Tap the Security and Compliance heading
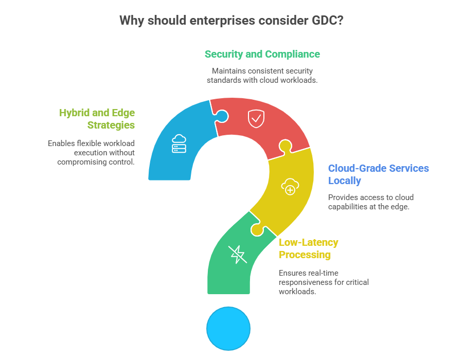[x=262, y=54]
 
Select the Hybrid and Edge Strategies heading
[x=97, y=119]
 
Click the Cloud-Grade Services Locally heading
[x=379, y=174]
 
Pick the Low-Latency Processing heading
[x=309, y=248]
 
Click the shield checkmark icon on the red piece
[x=256, y=119]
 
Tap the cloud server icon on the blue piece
[x=179, y=143]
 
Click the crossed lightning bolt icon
[x=237, y=255]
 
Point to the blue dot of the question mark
[x=228, y=329]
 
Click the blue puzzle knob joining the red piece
[x=222, y=116]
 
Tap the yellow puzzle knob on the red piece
[x=286, y=146]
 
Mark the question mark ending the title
[x=340, y=21]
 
